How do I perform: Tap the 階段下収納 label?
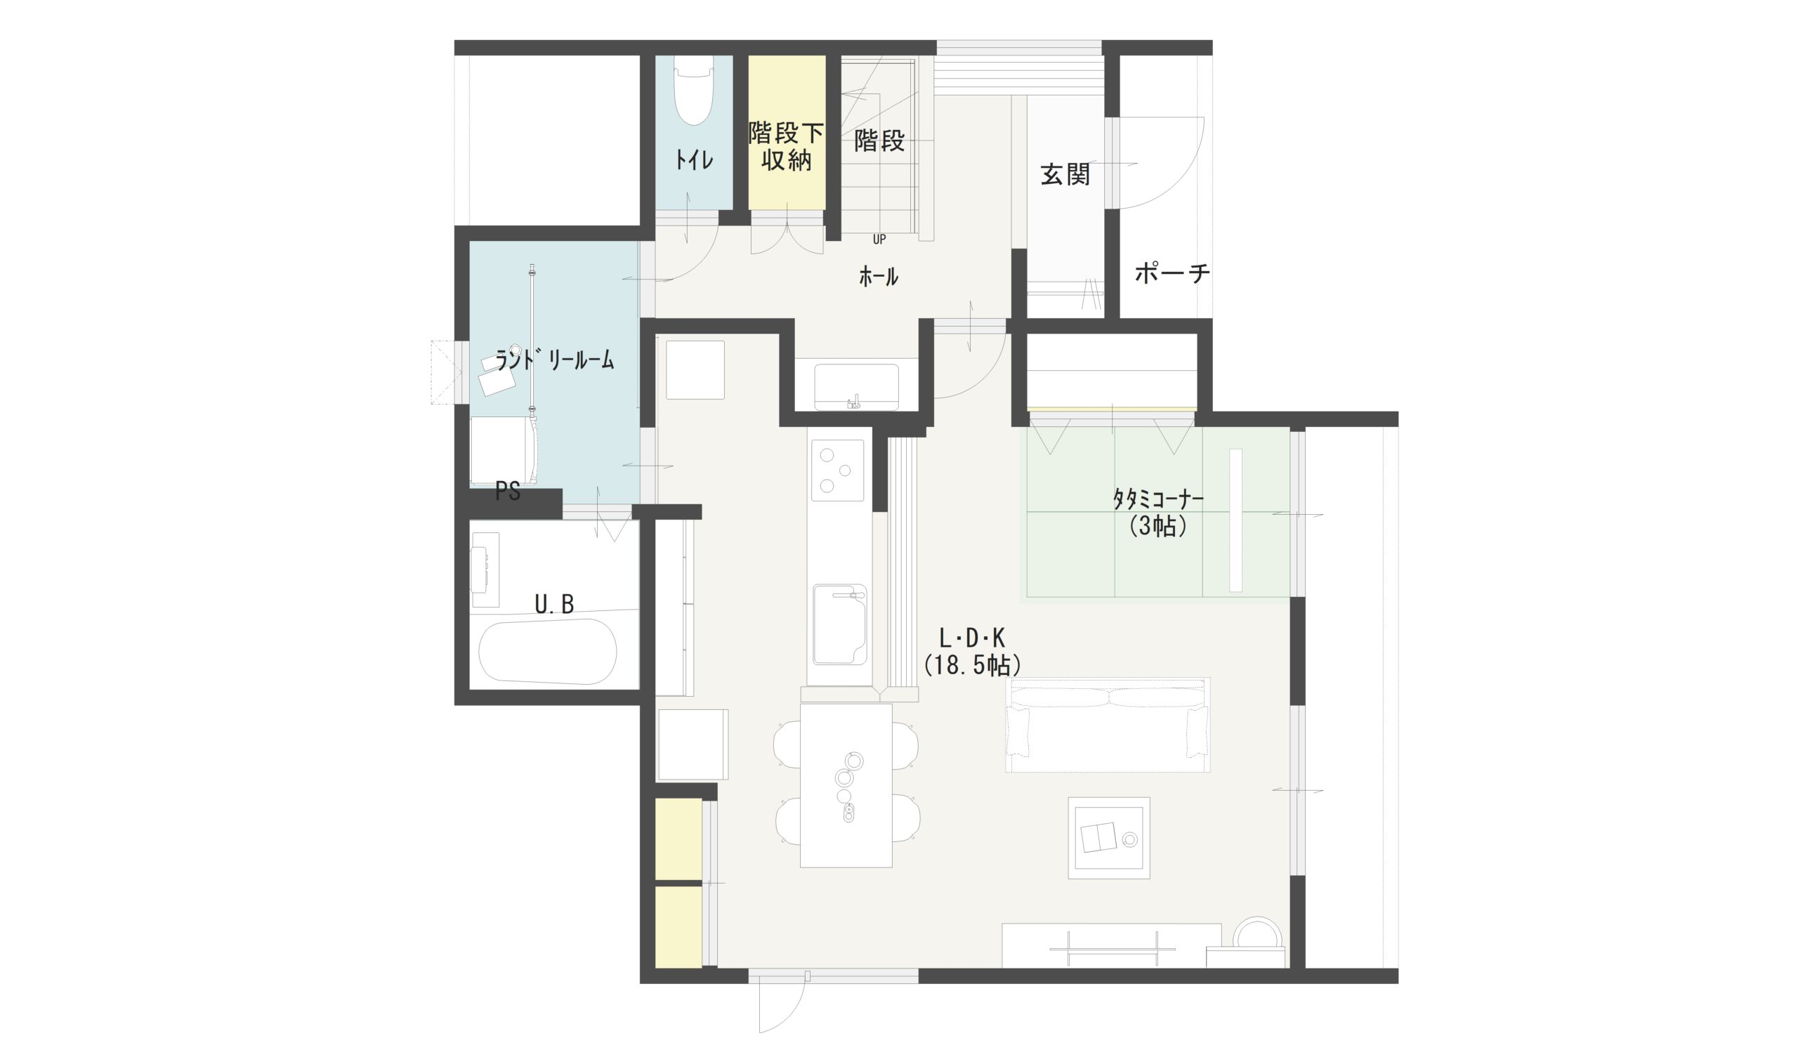pos(787,146)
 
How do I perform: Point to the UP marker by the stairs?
pos(879,239)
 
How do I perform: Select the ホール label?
pos(878,277)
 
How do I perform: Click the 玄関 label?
pos(1065,174)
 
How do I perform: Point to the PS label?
pos(508,492)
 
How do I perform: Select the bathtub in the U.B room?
pos(547,652)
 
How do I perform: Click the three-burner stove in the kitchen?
pos(837,471)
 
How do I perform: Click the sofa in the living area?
pos(1107,724)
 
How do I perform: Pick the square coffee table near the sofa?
pos(1109,837)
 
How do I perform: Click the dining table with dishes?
pos(846,785)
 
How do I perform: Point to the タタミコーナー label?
pos(1157,499)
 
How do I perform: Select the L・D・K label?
pos(972,637)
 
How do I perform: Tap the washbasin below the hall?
pos(856,387)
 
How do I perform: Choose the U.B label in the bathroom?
pos(554,605)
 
